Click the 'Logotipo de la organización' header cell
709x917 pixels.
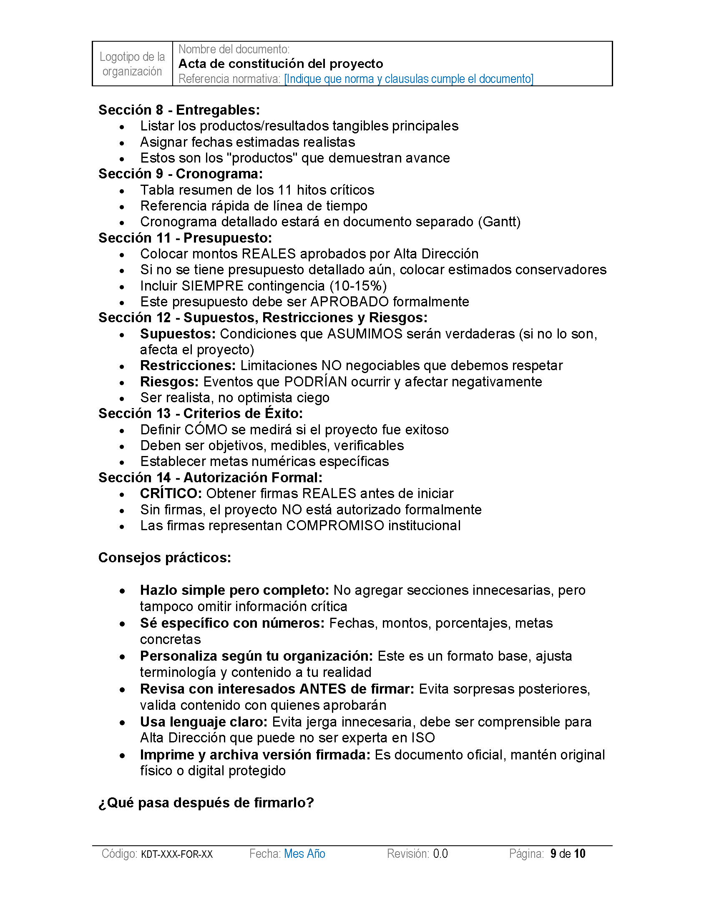132,64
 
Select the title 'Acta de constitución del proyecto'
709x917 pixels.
281,64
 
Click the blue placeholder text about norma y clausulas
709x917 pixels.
408,79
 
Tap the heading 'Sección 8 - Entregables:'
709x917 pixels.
179,110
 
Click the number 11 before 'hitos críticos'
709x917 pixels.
284,190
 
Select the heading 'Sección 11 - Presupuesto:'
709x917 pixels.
185,238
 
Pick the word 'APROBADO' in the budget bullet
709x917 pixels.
349,302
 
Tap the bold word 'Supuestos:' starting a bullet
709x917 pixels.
178,334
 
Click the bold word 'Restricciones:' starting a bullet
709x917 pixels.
188,366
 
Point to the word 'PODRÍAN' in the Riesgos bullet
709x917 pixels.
315,382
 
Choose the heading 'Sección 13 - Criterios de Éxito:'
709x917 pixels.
200,413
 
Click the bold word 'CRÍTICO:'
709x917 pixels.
171,494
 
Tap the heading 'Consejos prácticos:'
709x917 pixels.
165,558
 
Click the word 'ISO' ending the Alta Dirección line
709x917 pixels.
423,738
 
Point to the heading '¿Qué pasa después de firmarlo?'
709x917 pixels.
206,803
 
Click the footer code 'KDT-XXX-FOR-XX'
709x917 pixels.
177,854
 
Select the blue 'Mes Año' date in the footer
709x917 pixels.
304,854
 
